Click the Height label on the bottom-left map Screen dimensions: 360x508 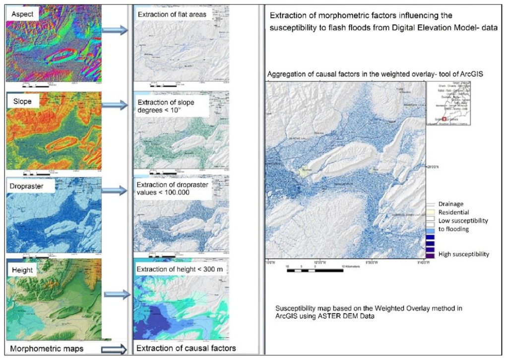(x=23, y=270)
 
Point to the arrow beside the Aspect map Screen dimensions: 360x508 (x=114, y=31)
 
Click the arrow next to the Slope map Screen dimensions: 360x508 (x=114, y=106)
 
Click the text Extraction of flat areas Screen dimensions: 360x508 (x=172, y=14)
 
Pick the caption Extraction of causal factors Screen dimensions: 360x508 (x=186, y=348)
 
